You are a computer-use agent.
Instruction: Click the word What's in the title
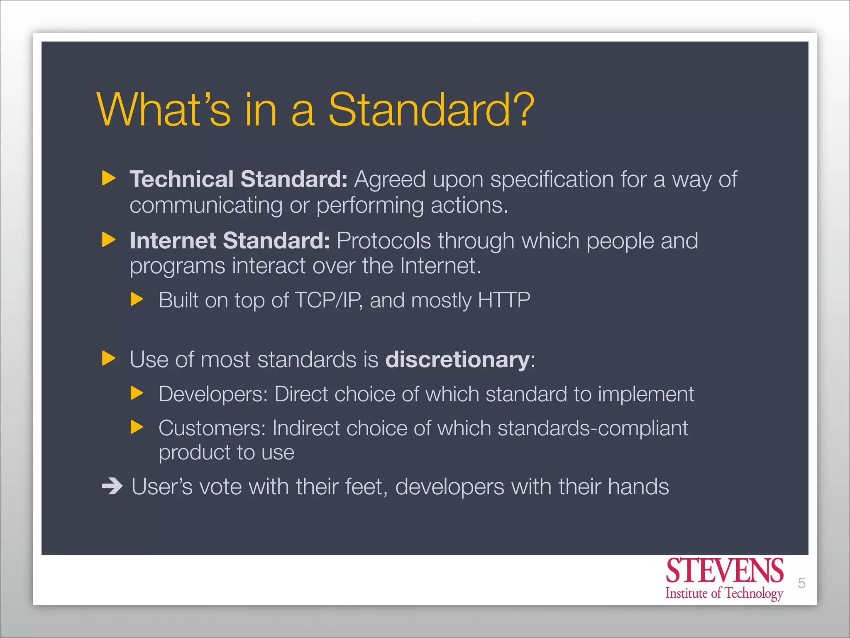(x=164, y=110)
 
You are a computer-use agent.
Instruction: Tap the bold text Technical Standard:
(x=238, y=179)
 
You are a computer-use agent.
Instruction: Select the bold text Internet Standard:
(x=230, y=240)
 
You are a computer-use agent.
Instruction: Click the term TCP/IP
(x=327, y=300)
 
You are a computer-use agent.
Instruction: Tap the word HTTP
(x=504, y=300)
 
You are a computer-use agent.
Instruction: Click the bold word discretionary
(x=457, y=359)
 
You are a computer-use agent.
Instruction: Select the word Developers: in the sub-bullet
(x=213, y=394)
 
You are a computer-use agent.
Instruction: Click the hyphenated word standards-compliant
(x=592, y=428)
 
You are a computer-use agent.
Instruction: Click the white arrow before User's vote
(x=112, y=486)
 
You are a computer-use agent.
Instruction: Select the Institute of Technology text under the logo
(x=724, y=593)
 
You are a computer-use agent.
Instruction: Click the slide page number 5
(x=801, y=583)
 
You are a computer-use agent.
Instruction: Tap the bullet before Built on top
(x=137, y=299)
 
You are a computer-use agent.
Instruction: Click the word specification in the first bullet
(x=552, y=180)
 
